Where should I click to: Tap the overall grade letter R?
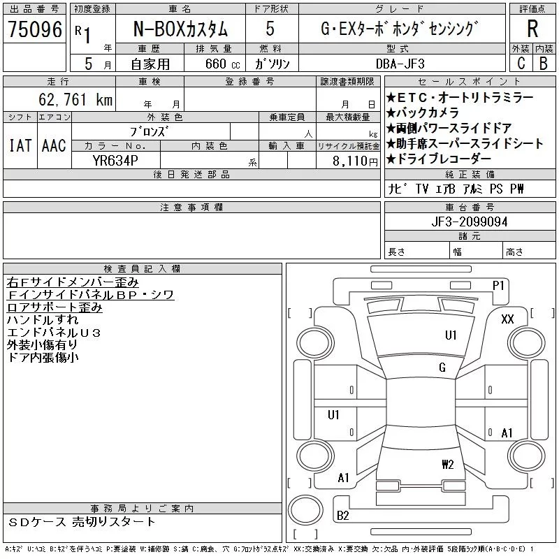(532, 29)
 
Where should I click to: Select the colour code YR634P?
(116, 161)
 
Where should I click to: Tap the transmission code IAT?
(20, 145)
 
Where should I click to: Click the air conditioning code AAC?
(54, 145)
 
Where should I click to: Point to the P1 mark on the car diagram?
(498, 285)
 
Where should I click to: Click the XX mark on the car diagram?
(508, 319)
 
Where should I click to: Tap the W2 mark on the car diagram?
(448, 464)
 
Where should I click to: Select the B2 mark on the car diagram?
(343, 516)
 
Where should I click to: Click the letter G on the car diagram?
(442, 368)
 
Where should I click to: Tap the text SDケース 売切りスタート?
(82, 522)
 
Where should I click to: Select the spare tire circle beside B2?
(305, 511)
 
